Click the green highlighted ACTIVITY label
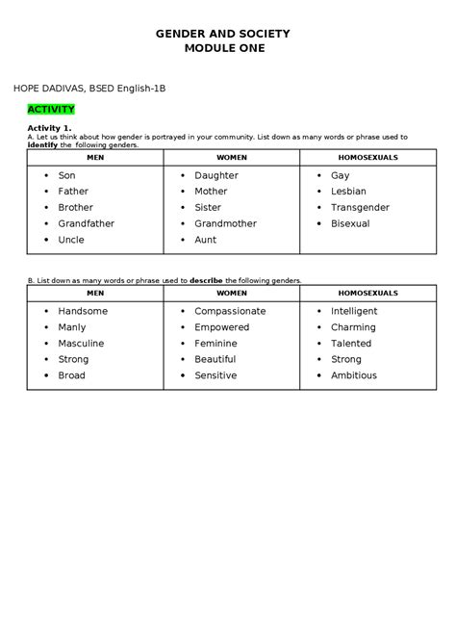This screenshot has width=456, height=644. coord(52,110)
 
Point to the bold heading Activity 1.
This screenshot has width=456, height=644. coord(49,128)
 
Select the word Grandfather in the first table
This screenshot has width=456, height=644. coord(86,223)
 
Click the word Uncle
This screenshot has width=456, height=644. coord(71,240)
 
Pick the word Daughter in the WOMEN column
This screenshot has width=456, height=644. coord(215,175)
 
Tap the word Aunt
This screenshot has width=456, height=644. coord(205,240)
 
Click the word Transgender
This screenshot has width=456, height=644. coord(360,207)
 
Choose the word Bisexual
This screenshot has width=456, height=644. coord(350,223)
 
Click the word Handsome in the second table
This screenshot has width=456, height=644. coord(83,311)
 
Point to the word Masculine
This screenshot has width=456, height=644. coord(81,343)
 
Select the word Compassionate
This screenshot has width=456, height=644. coord(230,311)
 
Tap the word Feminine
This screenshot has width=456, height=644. coord(215,343)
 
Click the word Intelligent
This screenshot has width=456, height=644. coord(354,311)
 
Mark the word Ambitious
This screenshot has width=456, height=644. coord(354,375)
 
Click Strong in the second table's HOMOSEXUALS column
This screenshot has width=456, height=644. coord(346,359)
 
